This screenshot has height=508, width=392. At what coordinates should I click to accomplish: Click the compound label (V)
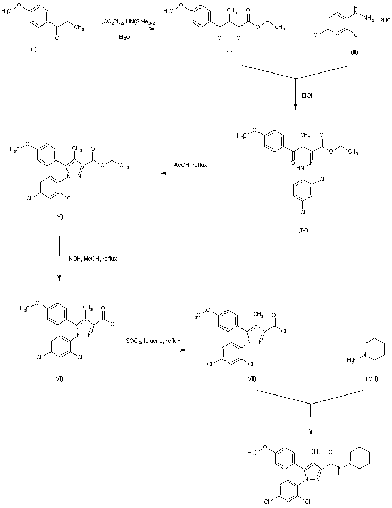point(59,217)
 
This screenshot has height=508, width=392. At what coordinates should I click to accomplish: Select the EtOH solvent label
point(308,96)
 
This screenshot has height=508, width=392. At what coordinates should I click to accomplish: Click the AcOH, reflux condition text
point(190,166)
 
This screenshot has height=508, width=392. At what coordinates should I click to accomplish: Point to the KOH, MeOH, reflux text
point(93,259)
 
